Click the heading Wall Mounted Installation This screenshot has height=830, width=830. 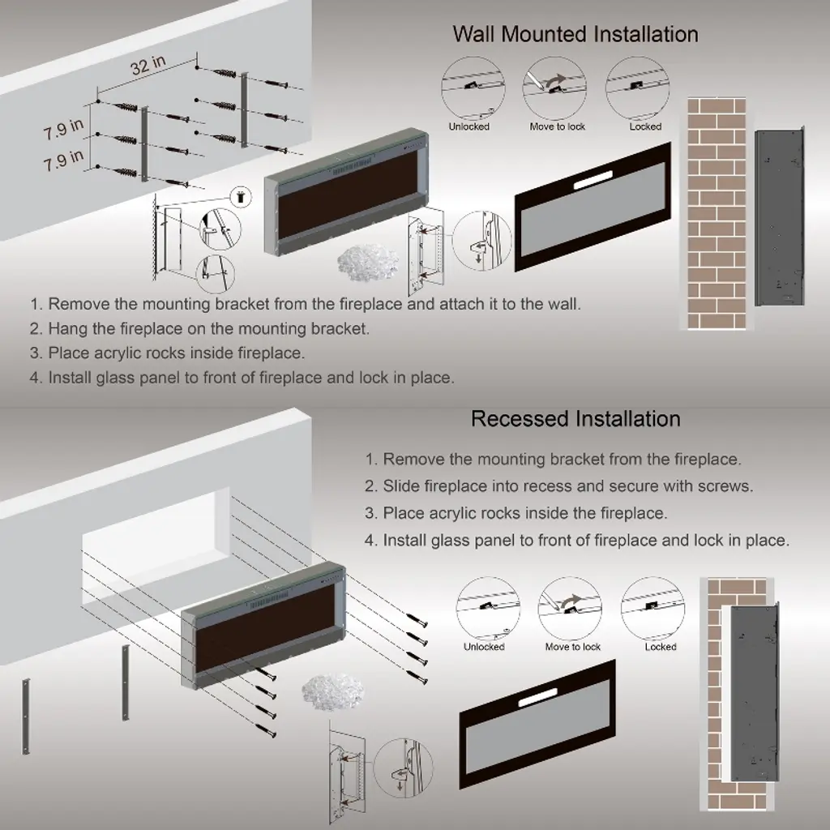pyautogui.click(x=575, y=34)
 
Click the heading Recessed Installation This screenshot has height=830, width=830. pyautogui.click(x=575, y=419)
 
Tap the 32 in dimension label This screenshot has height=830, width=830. pyautogui.click(x=148, y=65)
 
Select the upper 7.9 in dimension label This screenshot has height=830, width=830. pyautogui.click(x=63, y=130)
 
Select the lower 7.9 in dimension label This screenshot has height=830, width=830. pyautogui.click(x=63, y=160)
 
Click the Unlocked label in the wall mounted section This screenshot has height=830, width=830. pyautogui.click(x=469, y=126)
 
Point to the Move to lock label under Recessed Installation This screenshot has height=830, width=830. pyautogui.click(x=573, y=647)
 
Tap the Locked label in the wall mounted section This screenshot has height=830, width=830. pyautogui.click(x=645, y=126)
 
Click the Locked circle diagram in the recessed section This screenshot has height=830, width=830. pyautogui.click(x=652, y=608)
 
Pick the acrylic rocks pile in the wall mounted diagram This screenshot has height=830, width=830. pyautogui.click(x=368, y=262)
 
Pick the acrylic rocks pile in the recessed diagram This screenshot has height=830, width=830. pyautogui.click(x=333, y=691)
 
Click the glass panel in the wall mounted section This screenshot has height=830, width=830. pyautogui.click(x=593, y=207)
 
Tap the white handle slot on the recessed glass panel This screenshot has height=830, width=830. pyautogui.click(x=538, y=698)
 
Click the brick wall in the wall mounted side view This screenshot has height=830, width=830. pyautogui.click(x=717, y=213)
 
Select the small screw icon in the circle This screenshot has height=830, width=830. pyautogui.click(x=242, y=196)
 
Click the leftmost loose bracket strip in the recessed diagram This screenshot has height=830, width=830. pyautogui.click(x=25, y=716)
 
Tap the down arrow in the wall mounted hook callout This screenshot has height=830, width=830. pyautogui.click(x=480, y=257)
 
